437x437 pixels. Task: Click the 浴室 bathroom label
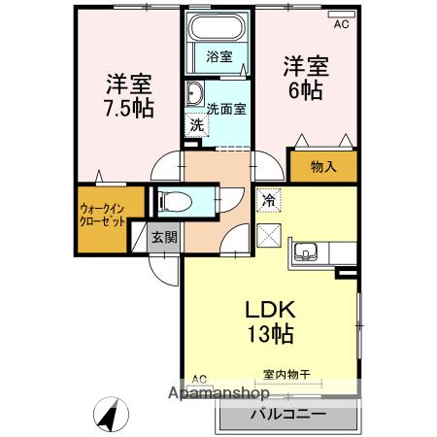tap(219, 56)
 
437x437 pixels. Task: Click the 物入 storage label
tap(322, 166)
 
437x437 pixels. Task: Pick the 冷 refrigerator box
tap(267, 201)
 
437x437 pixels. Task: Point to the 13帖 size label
tap(269, 336)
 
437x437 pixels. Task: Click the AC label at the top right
tap(341, 24)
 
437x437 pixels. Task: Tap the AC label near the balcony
tap(199, 379)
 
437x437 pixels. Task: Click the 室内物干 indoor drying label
tap(285, 373)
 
